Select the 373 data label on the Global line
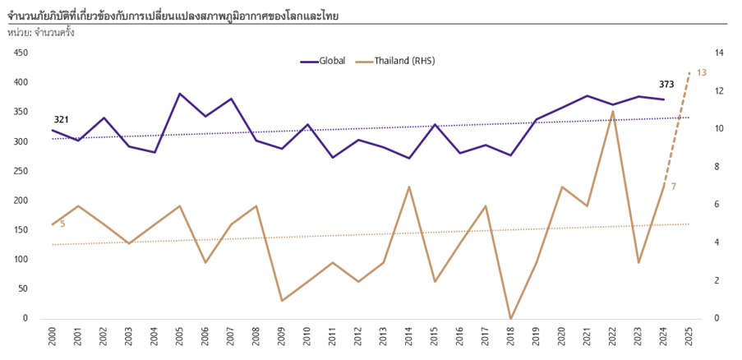tap(666, 84)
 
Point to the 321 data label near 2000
tap(61, 120)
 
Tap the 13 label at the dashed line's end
tap(701, 72)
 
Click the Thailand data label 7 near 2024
tap(674, 187)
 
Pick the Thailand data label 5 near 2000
tap(62, 223)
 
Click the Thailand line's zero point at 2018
tap(511, 318)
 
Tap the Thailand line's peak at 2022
tap(613, 111)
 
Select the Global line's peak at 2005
tap(180, 94)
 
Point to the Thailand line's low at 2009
tap(282, 301)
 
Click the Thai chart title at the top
tap(173, 16)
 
